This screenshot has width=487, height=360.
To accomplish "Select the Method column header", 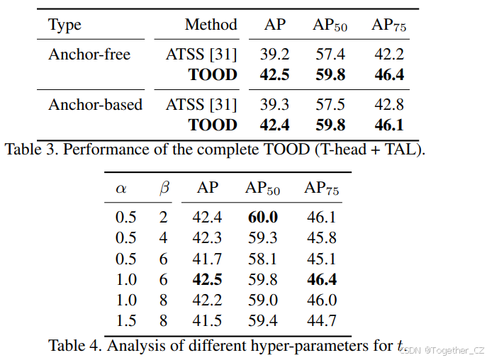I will point(211,25).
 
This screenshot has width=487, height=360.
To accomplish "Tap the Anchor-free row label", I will point(89,55).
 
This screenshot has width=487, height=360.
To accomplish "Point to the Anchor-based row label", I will point(95,105).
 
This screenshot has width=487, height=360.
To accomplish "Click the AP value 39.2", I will point(275,55).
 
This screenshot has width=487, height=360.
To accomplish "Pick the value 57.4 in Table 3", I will point(330,55).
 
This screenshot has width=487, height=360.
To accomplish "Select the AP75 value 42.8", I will point(389,105).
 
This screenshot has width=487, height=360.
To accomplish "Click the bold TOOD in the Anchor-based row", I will point(212,125).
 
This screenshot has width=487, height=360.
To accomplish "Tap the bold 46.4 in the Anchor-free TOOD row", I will point(389,75).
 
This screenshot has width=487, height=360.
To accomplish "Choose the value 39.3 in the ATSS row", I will point(275,105).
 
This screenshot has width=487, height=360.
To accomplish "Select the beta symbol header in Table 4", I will point(164,189).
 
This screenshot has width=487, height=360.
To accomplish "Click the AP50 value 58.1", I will point(262,259).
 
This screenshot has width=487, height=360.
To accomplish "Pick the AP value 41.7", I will point(207,259).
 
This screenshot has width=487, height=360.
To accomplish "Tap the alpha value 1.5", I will point(125,321).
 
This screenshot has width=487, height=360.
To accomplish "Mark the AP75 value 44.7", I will point(322,321).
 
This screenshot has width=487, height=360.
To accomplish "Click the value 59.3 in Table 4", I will point(262,238).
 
